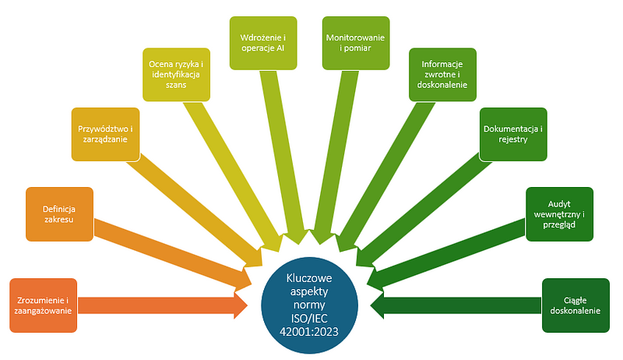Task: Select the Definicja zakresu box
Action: tap(59, 213)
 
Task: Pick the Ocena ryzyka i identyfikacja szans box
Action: tap(177, 74)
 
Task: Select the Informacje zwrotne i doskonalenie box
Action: tap(443, 74)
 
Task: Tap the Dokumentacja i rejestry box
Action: tap(513, 133)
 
